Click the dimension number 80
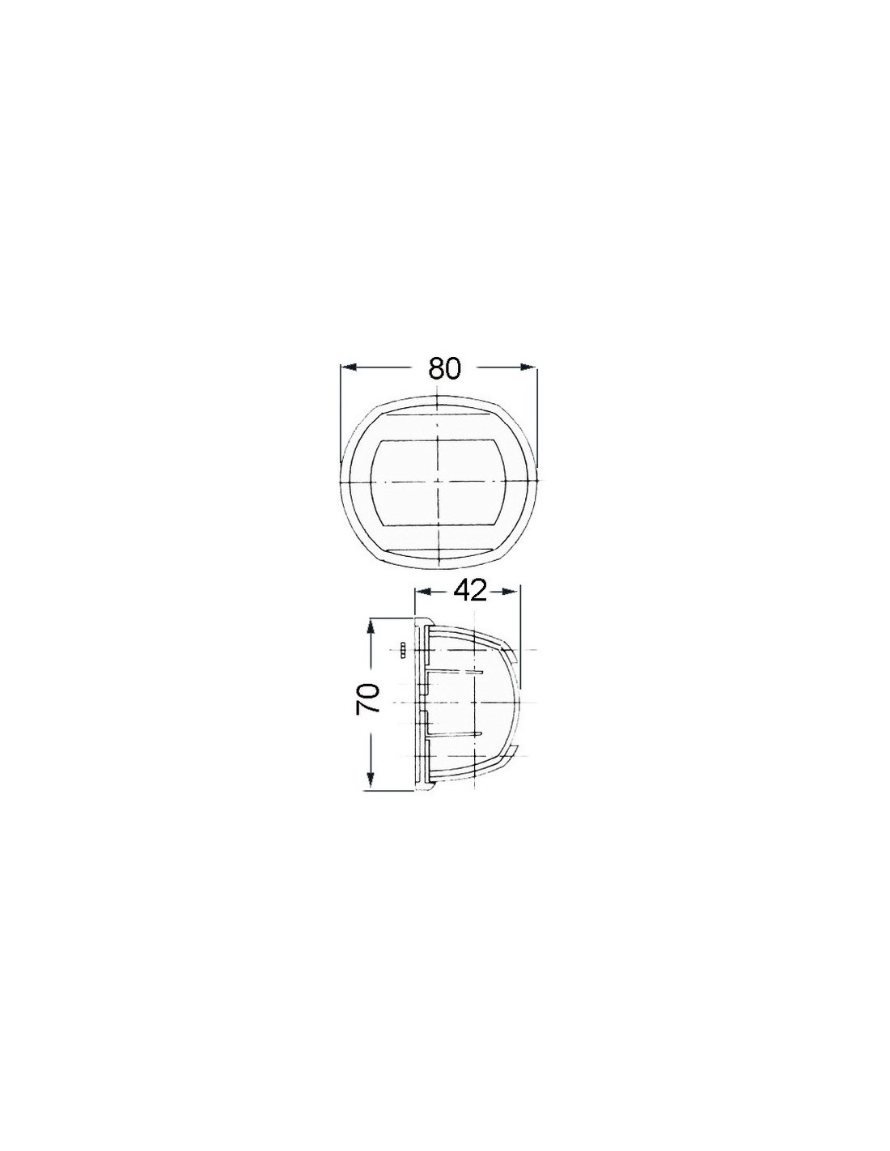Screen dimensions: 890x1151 [444, 368]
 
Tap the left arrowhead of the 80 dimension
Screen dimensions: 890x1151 [349, 366]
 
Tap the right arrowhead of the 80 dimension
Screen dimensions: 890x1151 [528, 366]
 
